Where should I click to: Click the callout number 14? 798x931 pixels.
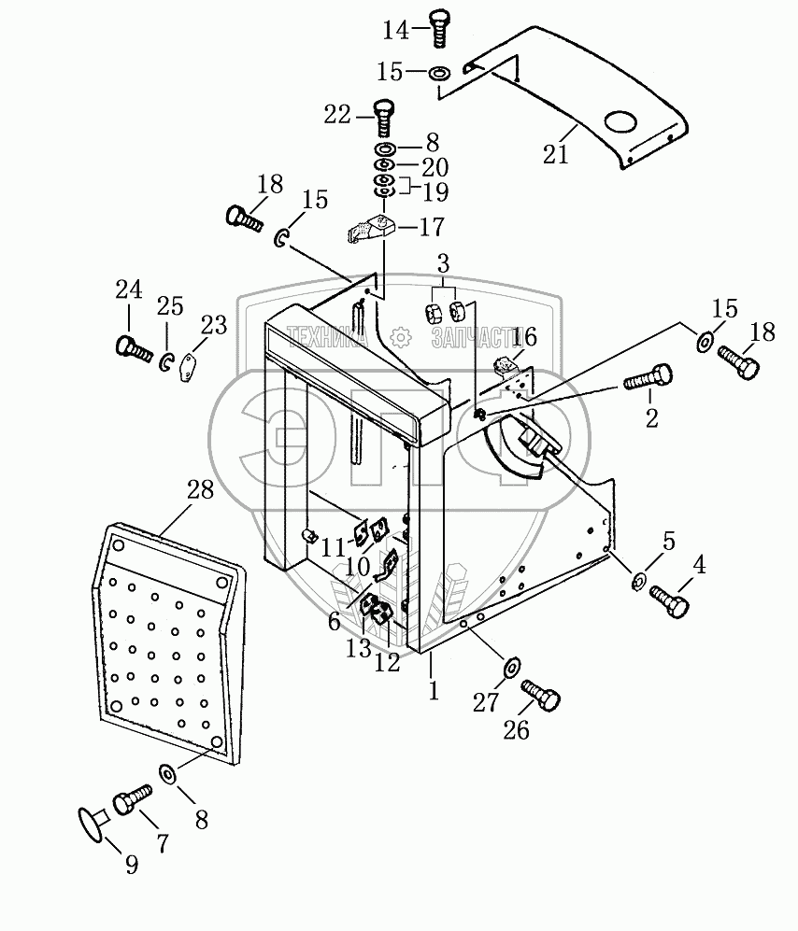tap(396, 30)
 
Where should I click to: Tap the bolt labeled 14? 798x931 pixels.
tap(439, 28)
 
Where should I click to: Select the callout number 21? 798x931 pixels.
tap(556, 154)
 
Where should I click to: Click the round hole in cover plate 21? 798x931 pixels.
tap(620, 122)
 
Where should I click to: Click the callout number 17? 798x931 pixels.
tap(432, 227)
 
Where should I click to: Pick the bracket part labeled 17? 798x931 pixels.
tap(368, 229)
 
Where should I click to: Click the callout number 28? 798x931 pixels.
tap(200, 490)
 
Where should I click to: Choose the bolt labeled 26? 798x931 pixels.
tap(541, 695)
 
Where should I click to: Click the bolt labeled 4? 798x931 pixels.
tap(669, 600)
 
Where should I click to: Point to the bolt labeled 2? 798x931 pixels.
tap(648, 378)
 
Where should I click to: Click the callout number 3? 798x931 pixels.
tap(443, 263)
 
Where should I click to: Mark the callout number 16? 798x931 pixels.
tap(523, 337)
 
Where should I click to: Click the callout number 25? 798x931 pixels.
tap(171, 306)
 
